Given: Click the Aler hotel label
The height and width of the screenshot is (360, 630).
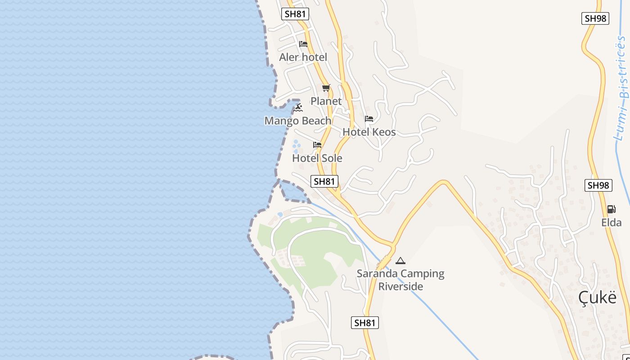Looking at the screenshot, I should [303, 57].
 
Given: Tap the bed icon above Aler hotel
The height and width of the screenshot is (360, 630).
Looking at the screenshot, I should [303, 44].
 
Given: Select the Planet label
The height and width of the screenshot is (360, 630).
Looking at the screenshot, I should [326, 101].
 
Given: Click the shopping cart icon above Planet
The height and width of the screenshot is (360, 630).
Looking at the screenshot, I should [326, 88].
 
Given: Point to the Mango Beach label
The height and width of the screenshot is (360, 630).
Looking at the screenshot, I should [297, 121].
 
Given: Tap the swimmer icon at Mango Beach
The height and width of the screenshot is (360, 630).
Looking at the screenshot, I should [298, 108].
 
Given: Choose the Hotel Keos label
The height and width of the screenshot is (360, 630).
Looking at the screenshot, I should [369, 132].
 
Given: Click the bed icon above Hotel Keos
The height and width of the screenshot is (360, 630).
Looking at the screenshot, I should [369, 119].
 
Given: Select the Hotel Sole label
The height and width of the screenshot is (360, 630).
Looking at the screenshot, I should [317, 158].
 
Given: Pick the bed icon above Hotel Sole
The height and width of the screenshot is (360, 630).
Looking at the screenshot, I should [317, 145].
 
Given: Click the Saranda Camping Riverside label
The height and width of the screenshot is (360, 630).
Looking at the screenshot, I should [400, 279].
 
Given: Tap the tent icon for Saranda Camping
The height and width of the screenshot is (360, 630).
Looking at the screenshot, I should [400, 261].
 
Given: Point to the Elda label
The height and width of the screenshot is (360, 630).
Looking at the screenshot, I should [611, 222].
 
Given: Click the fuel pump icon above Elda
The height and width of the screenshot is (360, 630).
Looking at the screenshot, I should [611, 209].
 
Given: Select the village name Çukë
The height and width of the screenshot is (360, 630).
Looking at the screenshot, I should [597, 297].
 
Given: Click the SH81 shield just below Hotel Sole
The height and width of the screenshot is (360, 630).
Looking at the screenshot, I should [324, 181].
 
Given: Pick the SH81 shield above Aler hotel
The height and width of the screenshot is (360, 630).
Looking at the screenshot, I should [295, 14].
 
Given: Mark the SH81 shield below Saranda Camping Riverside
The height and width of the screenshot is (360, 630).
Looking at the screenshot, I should [364, 323].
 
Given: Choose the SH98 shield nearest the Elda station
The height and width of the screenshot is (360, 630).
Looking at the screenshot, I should [598, 185].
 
